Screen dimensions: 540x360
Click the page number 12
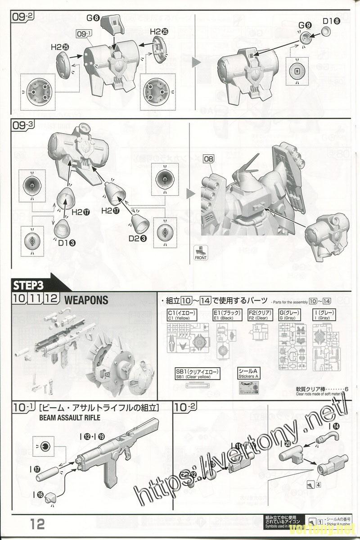[x=38, y=523]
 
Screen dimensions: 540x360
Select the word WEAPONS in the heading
[x=86, y=300]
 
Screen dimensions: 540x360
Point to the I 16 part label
[x=40, y=495]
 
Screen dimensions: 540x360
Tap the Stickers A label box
[x=249, y=373]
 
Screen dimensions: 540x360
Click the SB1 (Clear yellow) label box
[x=198, y=373]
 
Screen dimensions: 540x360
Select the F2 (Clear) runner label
[x=258, y=315]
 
